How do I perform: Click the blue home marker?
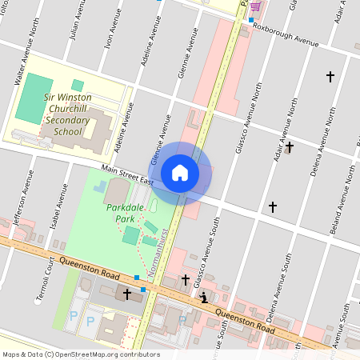coord(180,173)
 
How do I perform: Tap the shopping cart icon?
coord(254,6)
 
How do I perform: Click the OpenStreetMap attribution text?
coord(81,354)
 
